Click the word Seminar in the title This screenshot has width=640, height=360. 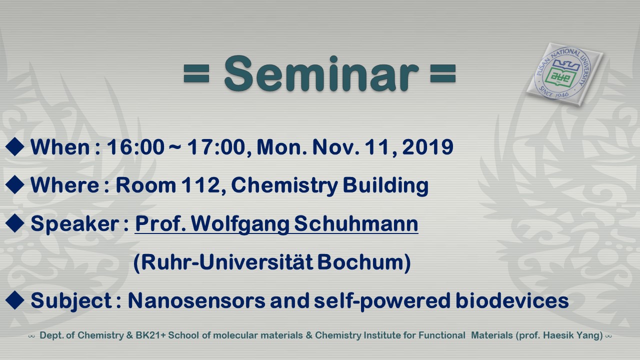tap(321, 73)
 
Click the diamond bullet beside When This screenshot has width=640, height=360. tap(14, 146)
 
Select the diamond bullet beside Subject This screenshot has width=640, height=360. tap(14, 300)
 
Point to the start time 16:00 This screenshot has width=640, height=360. tap(135, 147)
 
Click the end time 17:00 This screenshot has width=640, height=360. tap(217, 147)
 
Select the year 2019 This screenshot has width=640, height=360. tap(427, 147)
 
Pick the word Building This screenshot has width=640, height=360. tap(385, 185)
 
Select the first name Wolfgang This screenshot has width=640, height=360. tap(240, 224)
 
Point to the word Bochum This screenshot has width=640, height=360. tap(361, 262)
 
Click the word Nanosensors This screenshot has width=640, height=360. tap(196, 300)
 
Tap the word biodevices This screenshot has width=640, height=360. tap(512, 300)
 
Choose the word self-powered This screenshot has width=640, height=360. tap(382, 301)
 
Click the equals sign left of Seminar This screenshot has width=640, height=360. tap(196, 73)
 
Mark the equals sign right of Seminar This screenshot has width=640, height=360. tap(442, 73)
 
